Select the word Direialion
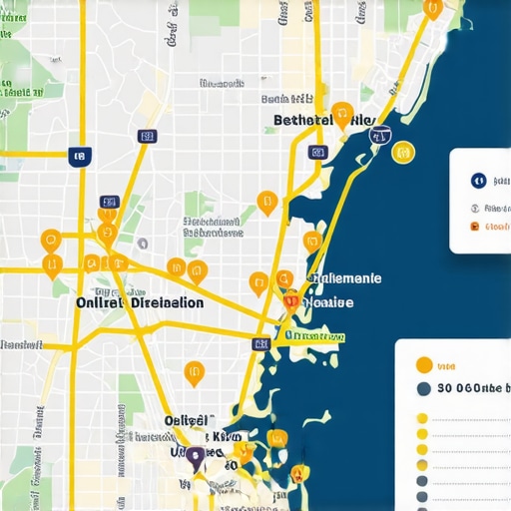coord(168,302)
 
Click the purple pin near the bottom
coord(196,457)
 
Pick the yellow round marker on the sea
coord(402,153)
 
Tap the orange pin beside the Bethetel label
coord(342,113)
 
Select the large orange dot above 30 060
coord(423,365)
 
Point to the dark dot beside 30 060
coord(423,389)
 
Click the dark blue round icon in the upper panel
coord(478,181)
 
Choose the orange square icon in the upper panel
coord(474,227)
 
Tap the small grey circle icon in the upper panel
coord(474,208)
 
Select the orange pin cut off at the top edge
coord(432,7)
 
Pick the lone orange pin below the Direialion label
coord(194,373)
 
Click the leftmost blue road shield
coord(79,156)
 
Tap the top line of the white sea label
coord(344,279)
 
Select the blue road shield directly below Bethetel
coord(317,152)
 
